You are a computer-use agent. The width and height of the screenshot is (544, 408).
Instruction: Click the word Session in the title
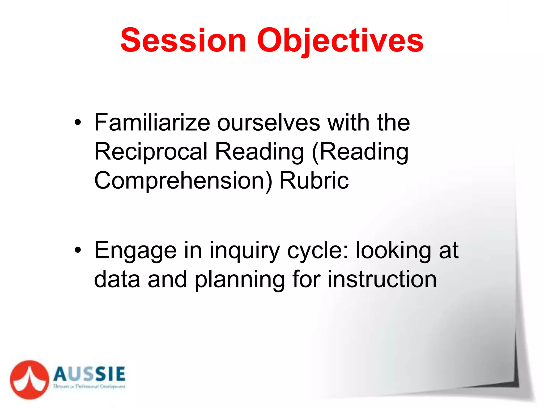click(183, 40)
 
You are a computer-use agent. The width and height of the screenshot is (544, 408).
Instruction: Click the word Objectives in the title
click(340, 40)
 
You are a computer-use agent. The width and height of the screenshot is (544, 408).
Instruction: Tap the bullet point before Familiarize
click(78, 123)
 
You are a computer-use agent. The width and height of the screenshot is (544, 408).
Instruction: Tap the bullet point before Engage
click(78, 250)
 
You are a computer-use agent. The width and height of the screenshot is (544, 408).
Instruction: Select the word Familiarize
click(152, 123)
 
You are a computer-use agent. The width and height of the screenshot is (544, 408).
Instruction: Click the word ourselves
click(269, 123)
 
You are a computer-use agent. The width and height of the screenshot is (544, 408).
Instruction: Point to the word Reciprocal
click(151, 152)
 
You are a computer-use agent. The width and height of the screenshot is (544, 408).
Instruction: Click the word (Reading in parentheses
click(360, 152)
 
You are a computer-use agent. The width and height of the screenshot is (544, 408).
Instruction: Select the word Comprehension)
click(183, 181)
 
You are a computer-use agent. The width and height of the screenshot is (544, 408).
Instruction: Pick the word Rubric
click(314, 181)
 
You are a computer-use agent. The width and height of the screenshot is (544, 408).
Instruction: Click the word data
click(117, 279)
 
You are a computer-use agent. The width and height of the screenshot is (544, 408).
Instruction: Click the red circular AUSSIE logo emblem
click(29, 380)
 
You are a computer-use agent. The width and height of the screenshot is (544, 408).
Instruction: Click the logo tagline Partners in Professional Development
click(89, 386)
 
